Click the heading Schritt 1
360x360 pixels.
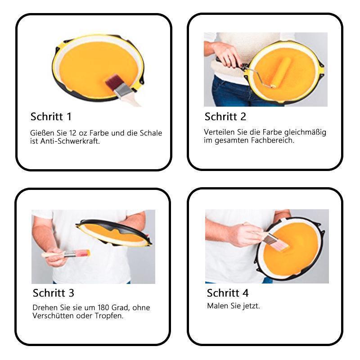(x=51, y=117)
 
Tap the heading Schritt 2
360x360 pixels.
(x=225, y=117)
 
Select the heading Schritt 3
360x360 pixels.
(x=54, y=293)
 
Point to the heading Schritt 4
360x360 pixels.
(x=228, y=293)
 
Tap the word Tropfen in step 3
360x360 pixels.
(x=107, y=315)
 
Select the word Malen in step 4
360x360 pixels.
(x=217, y=306)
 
